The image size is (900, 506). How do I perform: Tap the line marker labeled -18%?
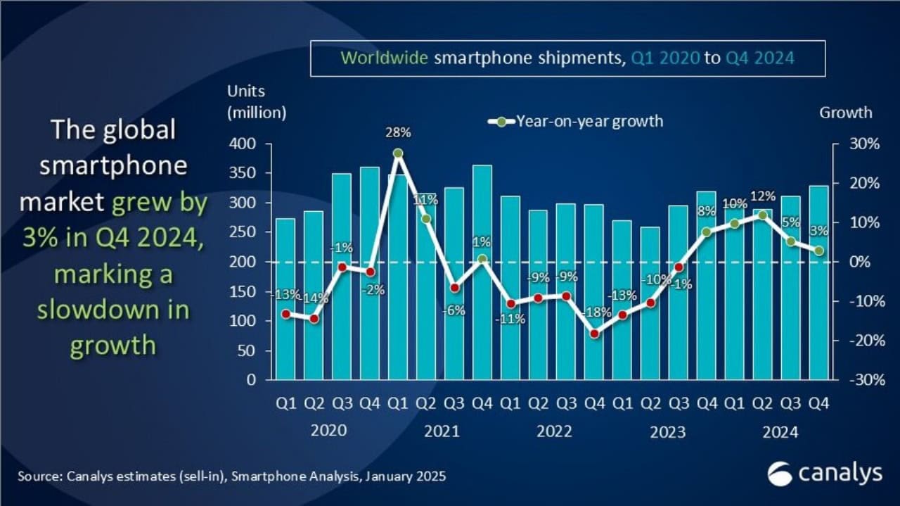[595, 334]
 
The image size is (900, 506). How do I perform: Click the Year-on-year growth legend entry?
[575, 121]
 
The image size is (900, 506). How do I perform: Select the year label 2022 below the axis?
[554, 431]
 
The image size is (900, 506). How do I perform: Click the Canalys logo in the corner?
[824, 474]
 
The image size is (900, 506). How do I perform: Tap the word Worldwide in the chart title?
[384, 58]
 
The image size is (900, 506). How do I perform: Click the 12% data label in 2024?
[763, 196]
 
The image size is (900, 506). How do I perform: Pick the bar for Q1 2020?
[285, 299]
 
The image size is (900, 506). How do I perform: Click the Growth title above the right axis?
[845, 113]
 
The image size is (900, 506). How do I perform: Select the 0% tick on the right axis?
[859, 262]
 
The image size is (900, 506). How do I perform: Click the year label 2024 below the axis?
[779, 431]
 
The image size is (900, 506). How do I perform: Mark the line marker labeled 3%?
[818, 250]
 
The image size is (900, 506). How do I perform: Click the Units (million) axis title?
[256, 102]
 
